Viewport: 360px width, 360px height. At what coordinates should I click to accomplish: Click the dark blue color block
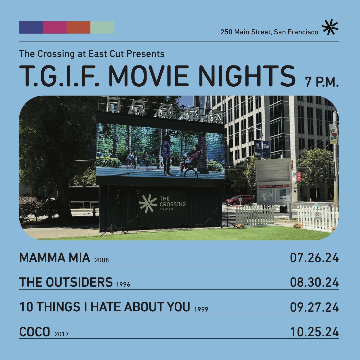[x=31, y=28]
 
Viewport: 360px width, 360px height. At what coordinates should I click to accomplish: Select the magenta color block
[x=55, y=28]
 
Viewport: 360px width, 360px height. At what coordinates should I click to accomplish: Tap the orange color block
[x=79, y=28]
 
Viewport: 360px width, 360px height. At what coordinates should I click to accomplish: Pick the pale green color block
[x=102, y=28]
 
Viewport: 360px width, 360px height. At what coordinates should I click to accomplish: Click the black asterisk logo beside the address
[x=330, y=27]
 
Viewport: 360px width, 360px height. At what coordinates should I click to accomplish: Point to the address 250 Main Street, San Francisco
[x=269, y=32]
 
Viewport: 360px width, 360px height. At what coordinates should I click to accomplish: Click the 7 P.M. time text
[x=322, y=82]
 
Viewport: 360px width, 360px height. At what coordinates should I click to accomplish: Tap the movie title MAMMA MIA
[x=55, y=258]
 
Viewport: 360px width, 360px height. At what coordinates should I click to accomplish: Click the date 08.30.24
[x=314, y=282]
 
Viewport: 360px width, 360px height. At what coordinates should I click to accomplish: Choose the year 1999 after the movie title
[x=201, y=309]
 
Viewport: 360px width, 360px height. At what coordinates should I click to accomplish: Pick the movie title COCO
[x=35, y=332]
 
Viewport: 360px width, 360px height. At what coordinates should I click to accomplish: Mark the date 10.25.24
[x=315, y=332]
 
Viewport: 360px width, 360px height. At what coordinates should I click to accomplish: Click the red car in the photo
[x=239, y=200]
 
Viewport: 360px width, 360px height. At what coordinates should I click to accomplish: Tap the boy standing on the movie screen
[x=167, y=155]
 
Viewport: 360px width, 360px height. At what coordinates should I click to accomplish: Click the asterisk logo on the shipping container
[x=148, y=203]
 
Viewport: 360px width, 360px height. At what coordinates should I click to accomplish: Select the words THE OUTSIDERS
[x=66, y=282]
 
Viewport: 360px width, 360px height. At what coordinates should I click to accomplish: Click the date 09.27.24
[x=314, y=307]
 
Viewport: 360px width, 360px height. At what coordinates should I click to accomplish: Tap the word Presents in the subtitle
[x=145, y=54]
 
